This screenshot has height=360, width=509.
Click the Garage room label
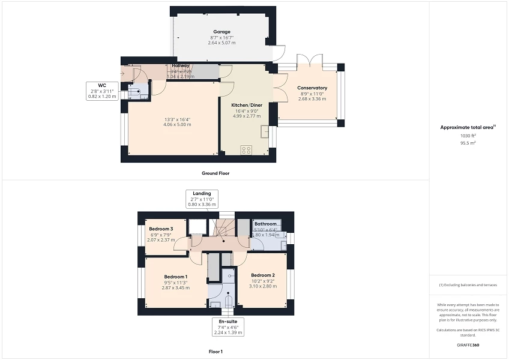221,32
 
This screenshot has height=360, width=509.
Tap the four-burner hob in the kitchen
246,151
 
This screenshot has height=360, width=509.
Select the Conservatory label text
312,88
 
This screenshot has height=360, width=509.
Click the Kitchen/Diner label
247,105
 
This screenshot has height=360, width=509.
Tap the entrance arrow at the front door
124,74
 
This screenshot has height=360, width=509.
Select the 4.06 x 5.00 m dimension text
178,124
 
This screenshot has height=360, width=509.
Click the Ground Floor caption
215,173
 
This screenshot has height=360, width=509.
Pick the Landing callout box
201,199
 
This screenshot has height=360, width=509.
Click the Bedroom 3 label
161,229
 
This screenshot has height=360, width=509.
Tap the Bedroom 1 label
175,277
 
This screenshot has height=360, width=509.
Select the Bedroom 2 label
263,275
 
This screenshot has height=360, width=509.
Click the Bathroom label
265,224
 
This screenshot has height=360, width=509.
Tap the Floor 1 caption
215,351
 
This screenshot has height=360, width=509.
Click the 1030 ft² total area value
468,136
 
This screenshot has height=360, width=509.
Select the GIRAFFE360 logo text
468,345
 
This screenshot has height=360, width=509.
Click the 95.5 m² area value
468,143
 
